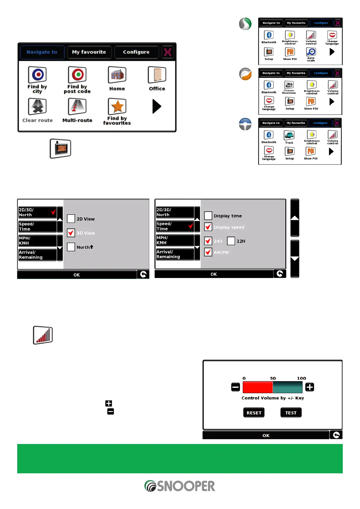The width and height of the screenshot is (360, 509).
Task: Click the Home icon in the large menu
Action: (117, 75)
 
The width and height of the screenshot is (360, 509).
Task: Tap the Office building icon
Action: (157, 75)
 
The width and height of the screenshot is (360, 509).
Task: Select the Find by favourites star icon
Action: (117, 106)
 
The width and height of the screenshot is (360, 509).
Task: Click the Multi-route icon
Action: (77, 106)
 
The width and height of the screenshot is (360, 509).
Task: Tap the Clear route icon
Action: (37, 106)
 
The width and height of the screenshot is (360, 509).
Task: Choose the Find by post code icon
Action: (77, 75)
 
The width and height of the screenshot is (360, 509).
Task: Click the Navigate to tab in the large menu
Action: (42, 52)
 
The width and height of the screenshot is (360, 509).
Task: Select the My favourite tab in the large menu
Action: (89, 52)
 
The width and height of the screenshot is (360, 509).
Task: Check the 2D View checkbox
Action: (71, 219)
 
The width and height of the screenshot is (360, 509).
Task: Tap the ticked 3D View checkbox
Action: (71, 233)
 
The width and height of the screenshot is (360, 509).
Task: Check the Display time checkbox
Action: (208, 216)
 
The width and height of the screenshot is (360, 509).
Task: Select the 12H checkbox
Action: (231, 241)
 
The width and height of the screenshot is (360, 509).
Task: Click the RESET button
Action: (254, 413)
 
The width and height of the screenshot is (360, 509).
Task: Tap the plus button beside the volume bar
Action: (310, 387)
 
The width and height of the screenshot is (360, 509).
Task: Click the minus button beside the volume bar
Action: (235, 387)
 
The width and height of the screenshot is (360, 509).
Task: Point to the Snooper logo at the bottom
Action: (180, 486)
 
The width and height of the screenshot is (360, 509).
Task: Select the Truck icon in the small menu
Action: (289, 135)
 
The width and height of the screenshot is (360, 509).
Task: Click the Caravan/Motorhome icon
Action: (289, 85)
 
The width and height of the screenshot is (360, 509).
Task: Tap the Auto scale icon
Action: (311, 52)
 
